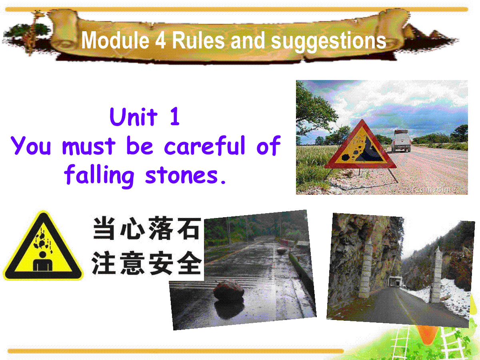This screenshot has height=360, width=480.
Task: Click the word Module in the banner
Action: click(115, 40)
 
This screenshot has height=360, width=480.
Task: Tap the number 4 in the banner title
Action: click(160, 40)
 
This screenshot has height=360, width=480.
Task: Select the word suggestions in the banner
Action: click(328, 42)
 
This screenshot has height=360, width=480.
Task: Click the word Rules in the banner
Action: click(198, 40)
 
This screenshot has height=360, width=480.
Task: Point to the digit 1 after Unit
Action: click(175, 116)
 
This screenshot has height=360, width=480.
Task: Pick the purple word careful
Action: click(205, 145)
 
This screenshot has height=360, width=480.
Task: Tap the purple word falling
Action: click(99, 176)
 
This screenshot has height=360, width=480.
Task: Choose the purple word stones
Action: click(182, 176)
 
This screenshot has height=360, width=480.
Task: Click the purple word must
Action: click(88, 146)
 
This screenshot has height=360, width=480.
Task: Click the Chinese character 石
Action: click(189, 228)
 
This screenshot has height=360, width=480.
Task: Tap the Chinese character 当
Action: click(104, 228)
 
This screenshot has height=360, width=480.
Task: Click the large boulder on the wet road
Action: click(228, 290)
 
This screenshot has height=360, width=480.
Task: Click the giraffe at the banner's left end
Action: click(33, 33)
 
